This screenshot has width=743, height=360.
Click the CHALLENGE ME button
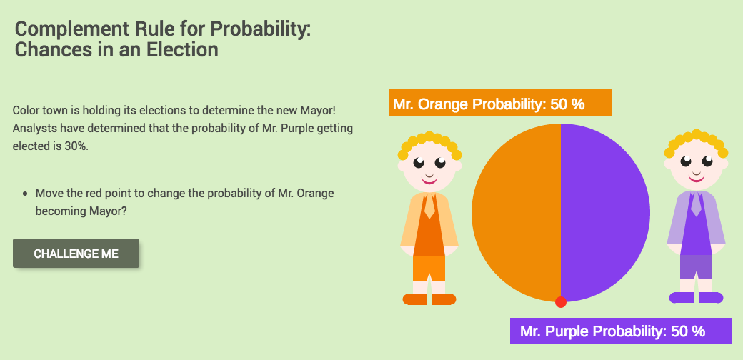pos(76,254)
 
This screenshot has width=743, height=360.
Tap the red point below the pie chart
pos(561,301)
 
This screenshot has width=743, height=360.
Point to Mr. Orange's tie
pos(429,206)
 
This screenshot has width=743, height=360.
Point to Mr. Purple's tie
pos(696,205)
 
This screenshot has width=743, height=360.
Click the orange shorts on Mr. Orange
pos(429,268)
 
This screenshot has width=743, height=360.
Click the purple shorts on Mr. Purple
pos(696,266)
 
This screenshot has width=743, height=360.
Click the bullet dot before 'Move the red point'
pos(26,194)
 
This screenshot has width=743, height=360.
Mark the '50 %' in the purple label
pos(688,331)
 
